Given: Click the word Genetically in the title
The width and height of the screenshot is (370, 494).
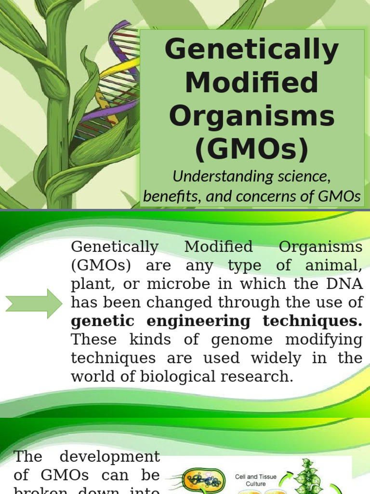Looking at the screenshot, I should (252, 50).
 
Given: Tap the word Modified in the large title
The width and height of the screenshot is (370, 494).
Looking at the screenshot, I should (252, 83).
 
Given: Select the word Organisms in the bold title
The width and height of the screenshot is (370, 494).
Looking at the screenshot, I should (252, 116).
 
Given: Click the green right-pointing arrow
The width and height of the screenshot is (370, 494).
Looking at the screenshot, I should (34, 303).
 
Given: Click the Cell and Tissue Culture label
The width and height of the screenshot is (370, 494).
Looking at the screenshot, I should (253, 480).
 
